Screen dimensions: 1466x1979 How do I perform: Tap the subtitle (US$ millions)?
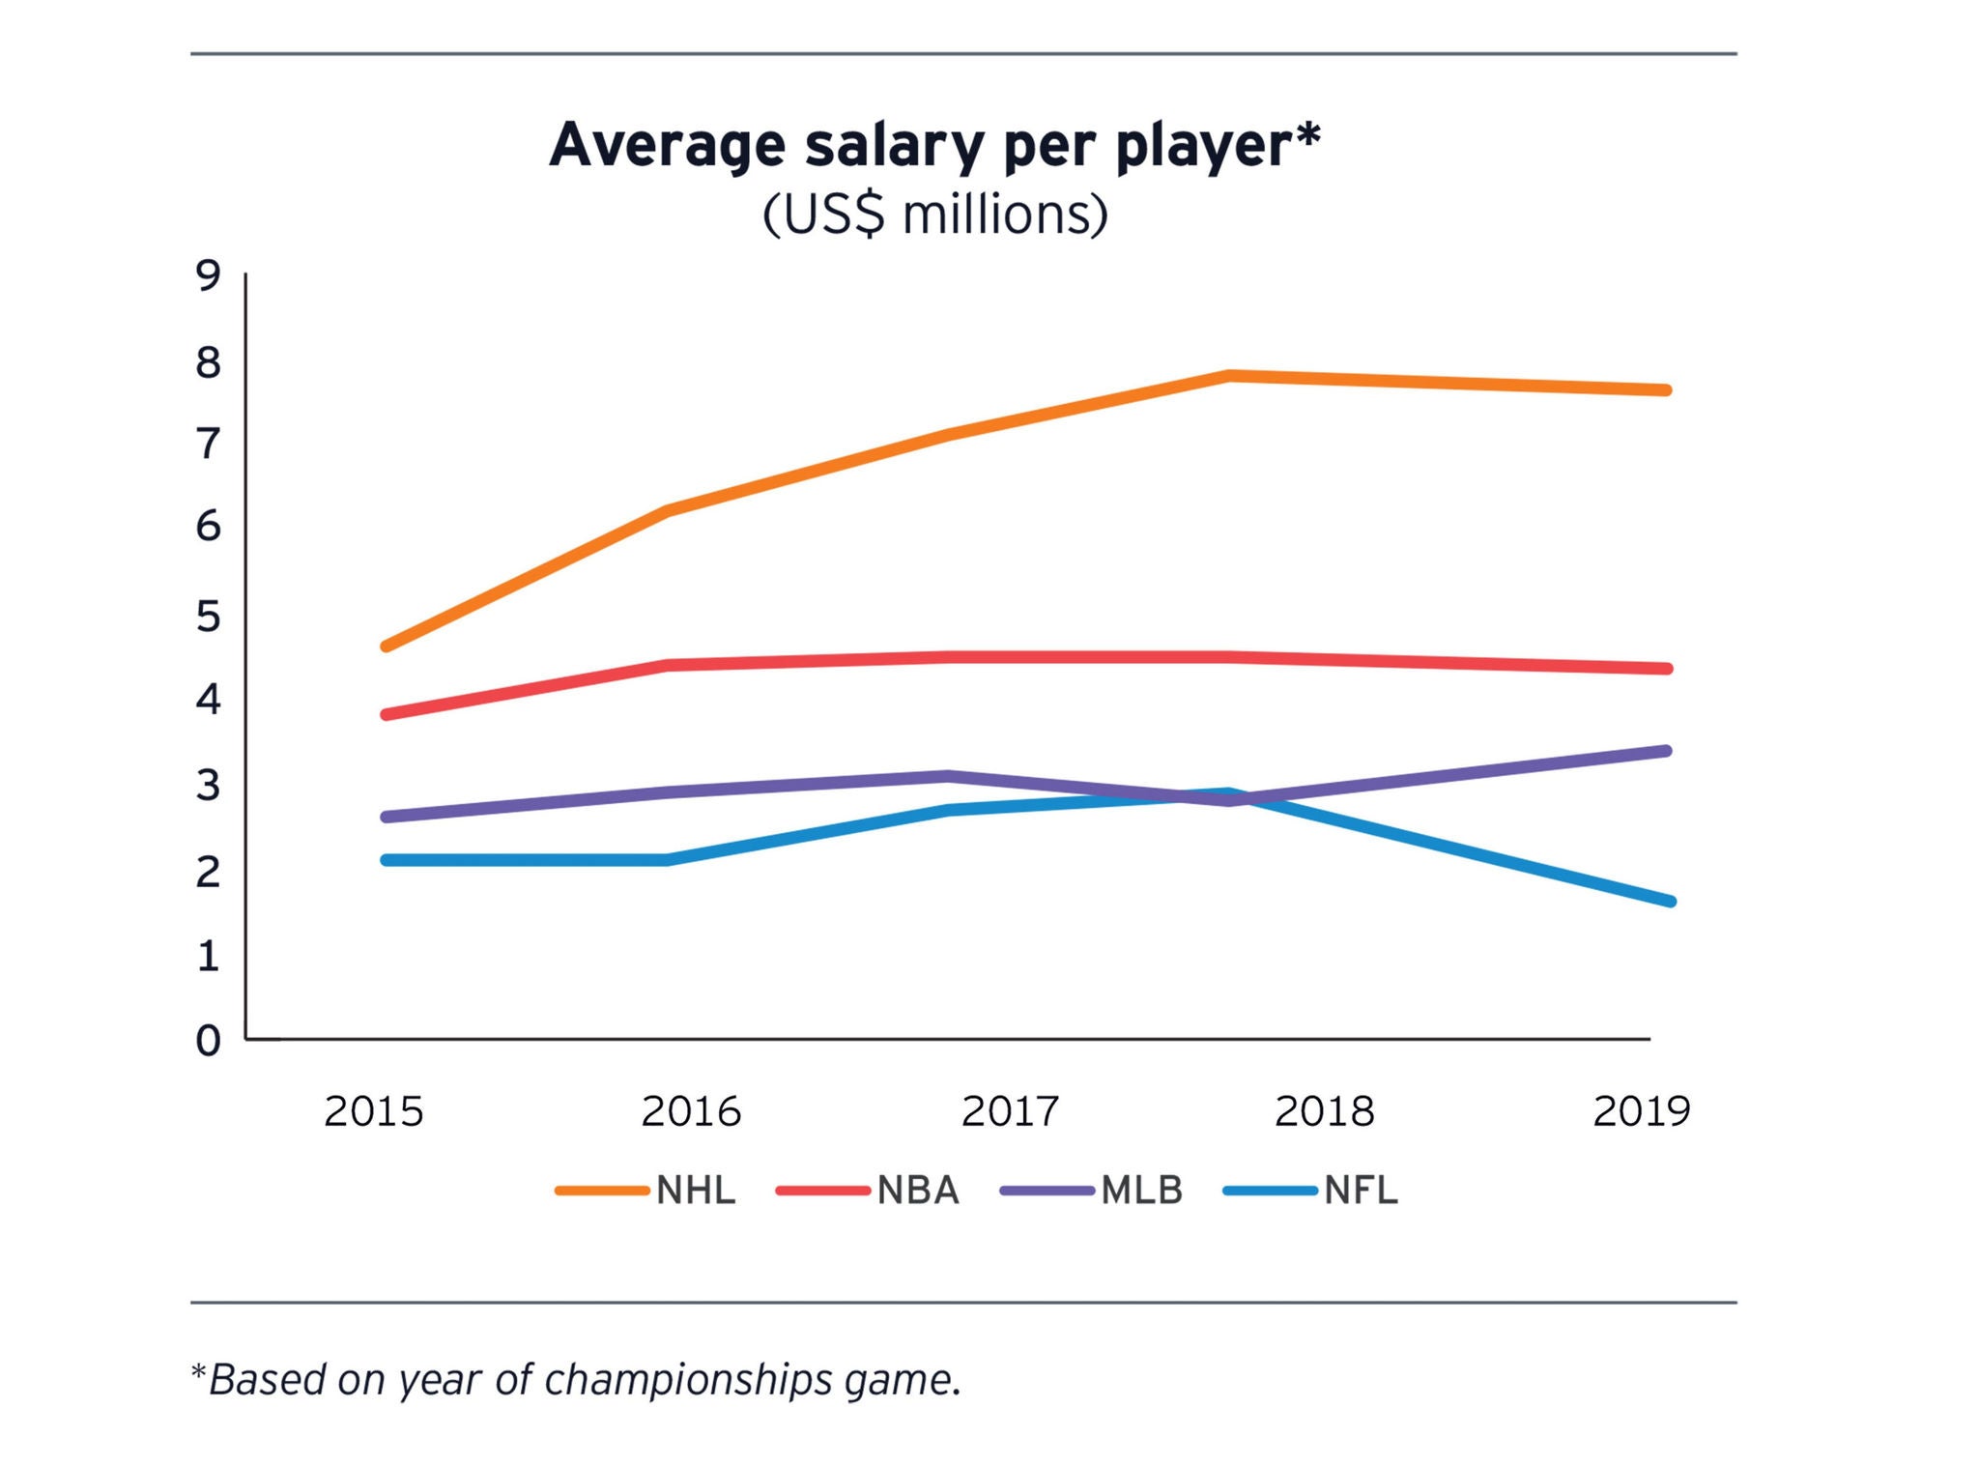tap(934, 215)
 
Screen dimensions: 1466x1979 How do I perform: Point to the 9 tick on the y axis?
tap(208, 276)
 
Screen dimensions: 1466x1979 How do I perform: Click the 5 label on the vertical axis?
tap(208, 617)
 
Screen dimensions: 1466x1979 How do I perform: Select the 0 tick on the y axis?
tap(208, 1041)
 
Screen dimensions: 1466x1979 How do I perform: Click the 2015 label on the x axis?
tap(374, 1111)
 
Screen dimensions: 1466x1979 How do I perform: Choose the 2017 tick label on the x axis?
tap(1010, 1111)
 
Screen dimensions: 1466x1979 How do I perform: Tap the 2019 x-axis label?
tap(1642, 1111)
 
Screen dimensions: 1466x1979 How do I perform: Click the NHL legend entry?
tap(696, 1191)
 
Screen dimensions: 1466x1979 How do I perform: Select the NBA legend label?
tap(918, 1191)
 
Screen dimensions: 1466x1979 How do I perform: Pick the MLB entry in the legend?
tap(1142, 1191)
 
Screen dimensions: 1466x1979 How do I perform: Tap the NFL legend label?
tap(1361, 1191)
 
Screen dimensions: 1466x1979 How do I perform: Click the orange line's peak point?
tap(1228, 375)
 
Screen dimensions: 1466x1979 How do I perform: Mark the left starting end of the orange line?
tap(387, 646)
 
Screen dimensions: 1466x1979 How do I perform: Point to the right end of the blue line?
tap(1669, 901)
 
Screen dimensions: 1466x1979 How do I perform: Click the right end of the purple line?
tap(1666, 751)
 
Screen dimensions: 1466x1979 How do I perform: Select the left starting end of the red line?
tap(387, 714)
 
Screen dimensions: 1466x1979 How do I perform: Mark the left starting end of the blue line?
tap(387, 859)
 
